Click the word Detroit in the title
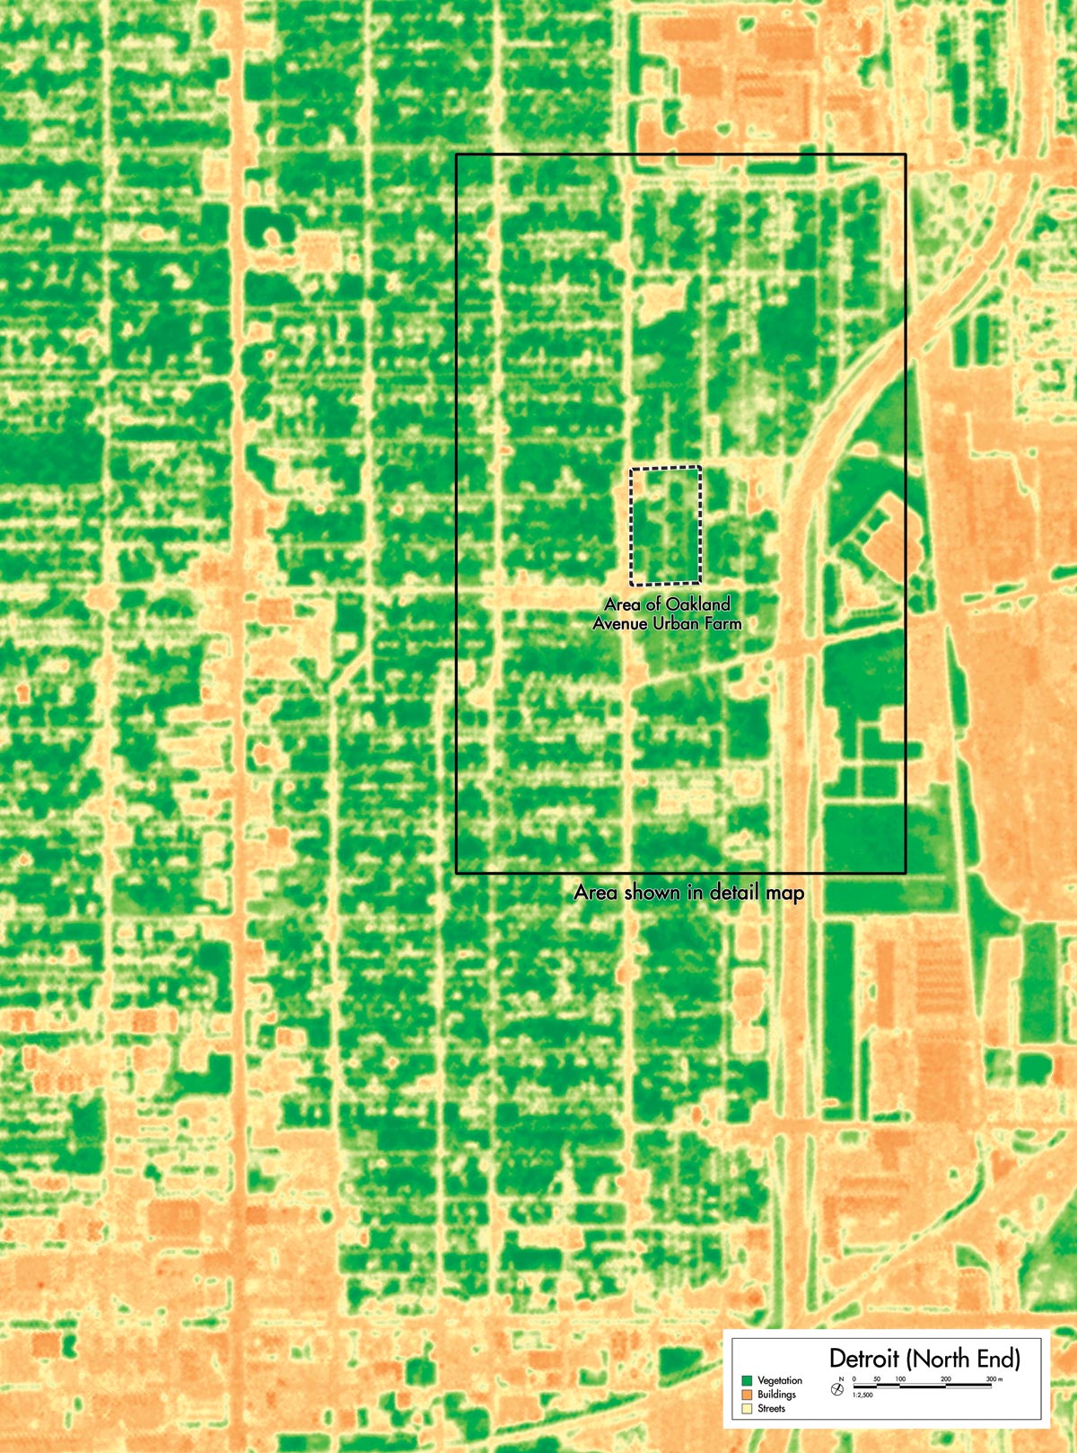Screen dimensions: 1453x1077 (x=863, y=1357)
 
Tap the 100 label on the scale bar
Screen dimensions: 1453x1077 (x=901, y=1378)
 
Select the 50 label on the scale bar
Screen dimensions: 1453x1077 (x=877, y=1378)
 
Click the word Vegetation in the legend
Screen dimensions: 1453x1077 (x=780, y=1380)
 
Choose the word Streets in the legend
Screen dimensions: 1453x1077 (x=772, y=1409)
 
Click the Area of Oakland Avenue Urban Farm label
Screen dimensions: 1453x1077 (x=667, y=612)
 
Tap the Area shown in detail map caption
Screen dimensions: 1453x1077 (x=688, y=893)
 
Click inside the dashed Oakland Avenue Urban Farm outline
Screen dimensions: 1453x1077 (x=665, y=524)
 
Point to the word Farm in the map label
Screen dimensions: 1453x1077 (x=721, y=622)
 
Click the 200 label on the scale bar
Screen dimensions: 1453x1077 (x=946, y=1378)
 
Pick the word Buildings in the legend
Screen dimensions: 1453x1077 (x=776, y=1395)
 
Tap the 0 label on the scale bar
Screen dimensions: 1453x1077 (x=854, y=1378)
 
